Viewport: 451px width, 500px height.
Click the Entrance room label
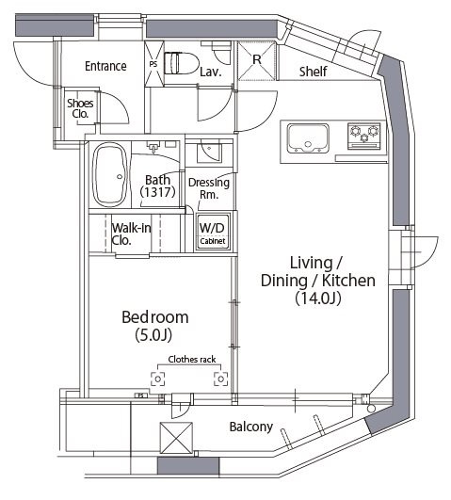[105, 66]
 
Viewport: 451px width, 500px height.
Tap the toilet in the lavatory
[181, 63]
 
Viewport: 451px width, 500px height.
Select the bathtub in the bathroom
[110, 175]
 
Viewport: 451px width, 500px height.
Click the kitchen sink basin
[308, 137]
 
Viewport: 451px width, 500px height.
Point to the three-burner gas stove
[364, 136]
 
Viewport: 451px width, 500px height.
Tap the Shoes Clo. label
[80, 108]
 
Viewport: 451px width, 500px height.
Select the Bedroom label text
[155, 317]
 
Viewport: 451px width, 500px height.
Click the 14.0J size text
[318, 298]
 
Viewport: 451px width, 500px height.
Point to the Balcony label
[251, 427]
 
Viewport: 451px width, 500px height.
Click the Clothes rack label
[192, 360]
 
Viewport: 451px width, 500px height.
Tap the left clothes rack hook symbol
[157, 379]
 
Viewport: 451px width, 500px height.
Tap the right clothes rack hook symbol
[220, 379]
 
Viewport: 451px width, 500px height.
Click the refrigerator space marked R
[256, 60]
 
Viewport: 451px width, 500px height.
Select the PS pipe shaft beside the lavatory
[153, 64]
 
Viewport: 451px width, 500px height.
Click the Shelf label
[313, 72]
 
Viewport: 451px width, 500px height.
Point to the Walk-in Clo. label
[131, 234]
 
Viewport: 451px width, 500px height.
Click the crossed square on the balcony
[176, 438]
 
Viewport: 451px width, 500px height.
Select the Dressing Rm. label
[209, 188]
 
